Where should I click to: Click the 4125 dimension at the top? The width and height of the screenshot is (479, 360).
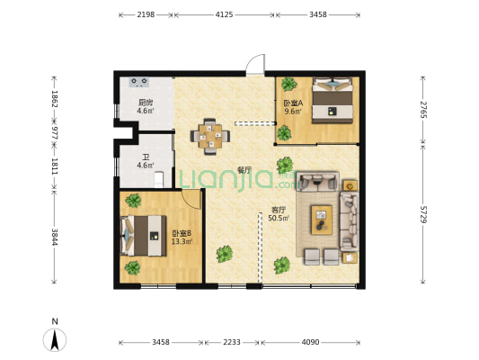tap(225, 14)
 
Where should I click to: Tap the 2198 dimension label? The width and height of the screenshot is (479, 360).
tap(146, 14)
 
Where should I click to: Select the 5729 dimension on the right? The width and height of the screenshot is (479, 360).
tap(422, 214)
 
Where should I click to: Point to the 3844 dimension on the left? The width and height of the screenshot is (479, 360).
tap(55, 237)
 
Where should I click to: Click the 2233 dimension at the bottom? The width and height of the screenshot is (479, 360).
tap(232, 342)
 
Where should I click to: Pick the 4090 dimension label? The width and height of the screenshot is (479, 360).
tap(310, 342)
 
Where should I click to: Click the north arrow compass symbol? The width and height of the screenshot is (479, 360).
tap(55, 339)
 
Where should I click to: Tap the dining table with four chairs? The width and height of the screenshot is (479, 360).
tap(210, 137)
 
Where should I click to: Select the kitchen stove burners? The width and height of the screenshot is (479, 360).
tap(139, 82)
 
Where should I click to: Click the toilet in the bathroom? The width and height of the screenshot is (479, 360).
tap(158, 179)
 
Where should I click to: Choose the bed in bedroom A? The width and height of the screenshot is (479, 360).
tap(333, 100)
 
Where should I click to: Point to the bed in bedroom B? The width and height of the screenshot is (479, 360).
tap(143, 236)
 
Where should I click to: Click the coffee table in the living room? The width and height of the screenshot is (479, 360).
tap(322, 220)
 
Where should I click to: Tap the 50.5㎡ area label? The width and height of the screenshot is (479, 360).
tap(279, 218)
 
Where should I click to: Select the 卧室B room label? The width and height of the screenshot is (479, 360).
tap(182, 234)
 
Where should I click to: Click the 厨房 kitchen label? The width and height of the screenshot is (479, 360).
tap(146, 103)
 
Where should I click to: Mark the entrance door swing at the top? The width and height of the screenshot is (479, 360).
tap(256, 64)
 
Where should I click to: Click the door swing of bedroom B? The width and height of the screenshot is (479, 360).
tap(191, 199)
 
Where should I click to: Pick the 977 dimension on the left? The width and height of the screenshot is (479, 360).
tap(55, 133)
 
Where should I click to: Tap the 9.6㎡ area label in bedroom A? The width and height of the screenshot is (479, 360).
tap(293, 112)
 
